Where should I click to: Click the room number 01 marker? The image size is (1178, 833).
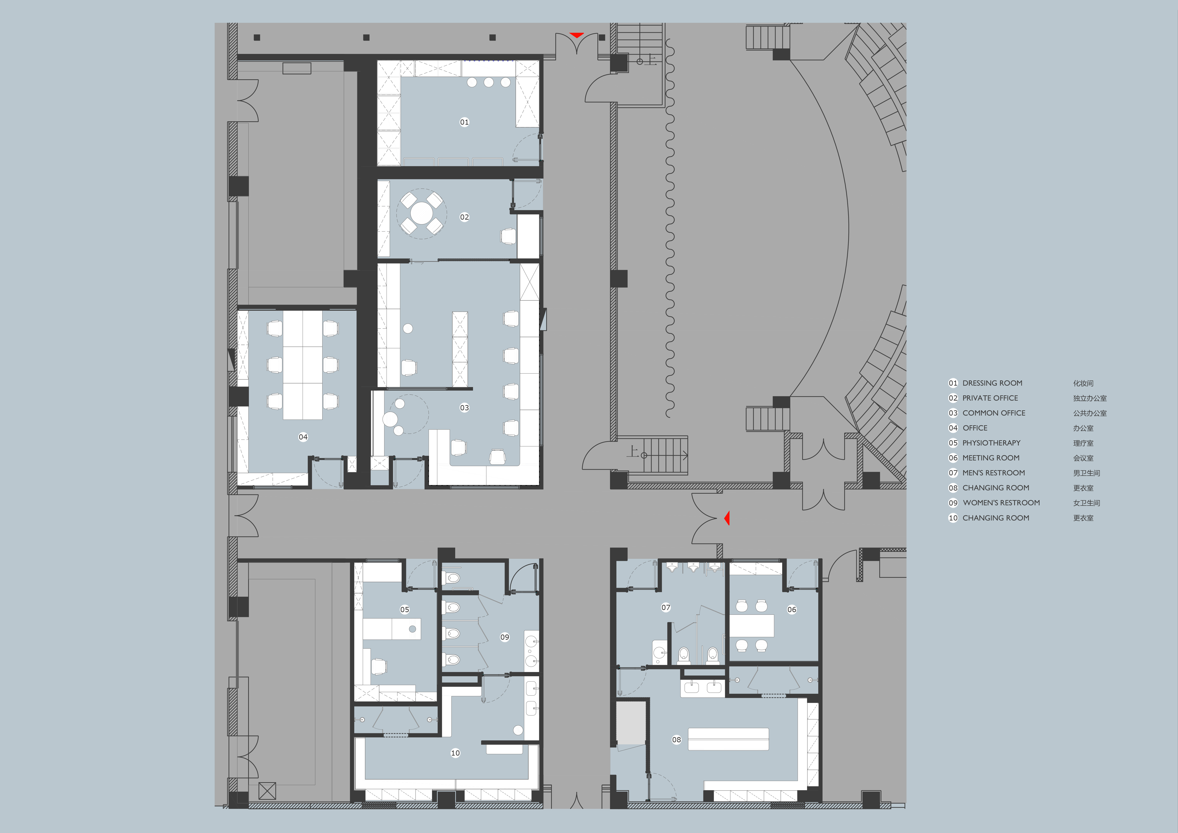[464, 122]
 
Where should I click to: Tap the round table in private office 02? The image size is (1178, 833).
[422, 213]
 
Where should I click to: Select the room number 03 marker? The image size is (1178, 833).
[464, 408]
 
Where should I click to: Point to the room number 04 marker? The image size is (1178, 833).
[303, 437]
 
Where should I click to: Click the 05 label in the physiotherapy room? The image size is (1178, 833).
[405, 609]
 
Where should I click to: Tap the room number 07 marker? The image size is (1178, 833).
[666, 607]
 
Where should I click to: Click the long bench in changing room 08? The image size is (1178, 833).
[729, 739]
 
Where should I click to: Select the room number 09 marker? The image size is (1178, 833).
[505, 637]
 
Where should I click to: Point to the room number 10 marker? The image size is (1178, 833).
[455, 753]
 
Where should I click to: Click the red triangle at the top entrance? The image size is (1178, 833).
[577, 35]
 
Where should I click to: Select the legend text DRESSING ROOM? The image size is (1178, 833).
[992, 383]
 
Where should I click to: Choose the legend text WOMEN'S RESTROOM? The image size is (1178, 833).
[1001, 503]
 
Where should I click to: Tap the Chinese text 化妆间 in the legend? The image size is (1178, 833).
[1083, 383]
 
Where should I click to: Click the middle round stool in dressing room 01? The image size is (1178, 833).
[488, 82]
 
